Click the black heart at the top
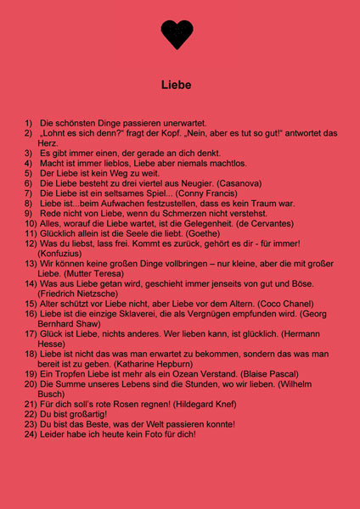tap(177, 34)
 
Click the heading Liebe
tap(177, 85)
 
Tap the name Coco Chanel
tap(271, 303)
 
